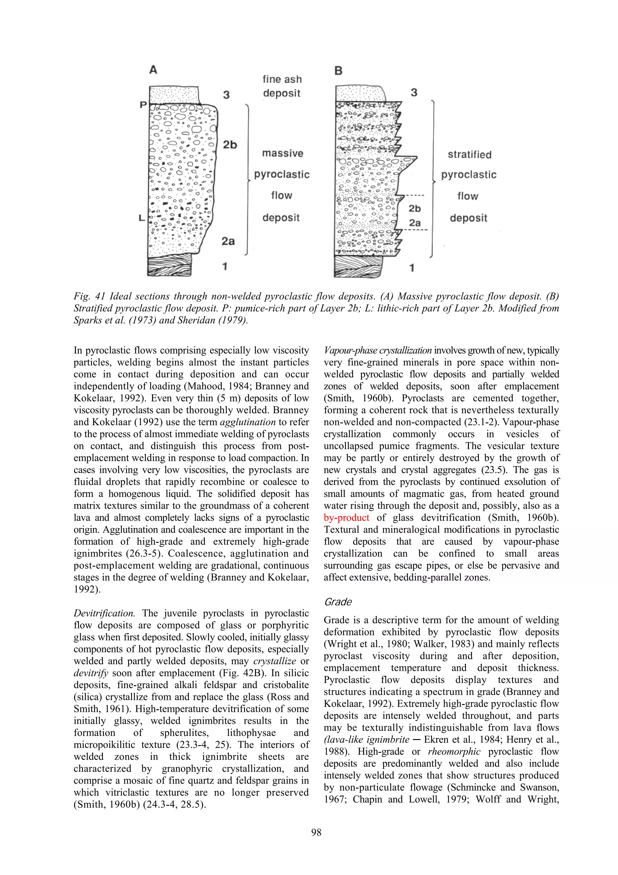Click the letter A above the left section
tap(153, 70)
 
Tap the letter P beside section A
tap(143, 105)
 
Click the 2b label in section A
tap(230, 144)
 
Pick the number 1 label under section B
tap(412, 268)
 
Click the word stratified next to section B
tap(470, 154)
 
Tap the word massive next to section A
tap(282, 153)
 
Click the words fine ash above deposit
tap(282, 79)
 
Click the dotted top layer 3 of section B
tap(360, 93)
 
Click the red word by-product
tap(346, 517)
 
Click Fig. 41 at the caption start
tap(89, 296)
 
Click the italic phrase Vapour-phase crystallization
tap(377, 350)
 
